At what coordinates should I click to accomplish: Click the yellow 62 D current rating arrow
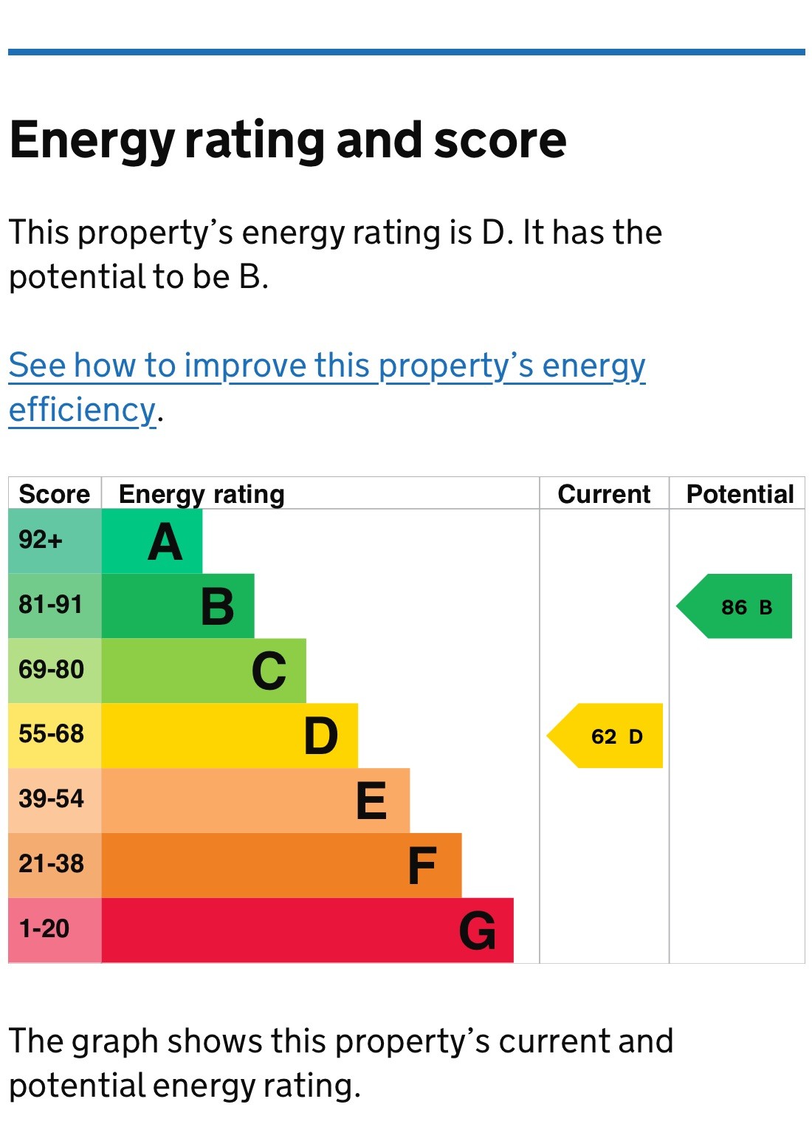click(606, 736)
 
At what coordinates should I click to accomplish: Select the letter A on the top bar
click(165, 542)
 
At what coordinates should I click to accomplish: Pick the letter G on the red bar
click(477, 931)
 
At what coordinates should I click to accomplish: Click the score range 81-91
click(50, 605)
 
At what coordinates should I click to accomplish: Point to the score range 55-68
click(51, 734)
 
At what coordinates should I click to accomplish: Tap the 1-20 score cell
click(44, 928)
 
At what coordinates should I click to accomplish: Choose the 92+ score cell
click(41, 540)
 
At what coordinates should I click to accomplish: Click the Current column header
click(604, 493)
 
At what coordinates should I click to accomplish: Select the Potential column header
click(740, 493)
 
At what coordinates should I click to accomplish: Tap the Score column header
click(54, 493)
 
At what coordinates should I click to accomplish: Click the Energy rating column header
click(202, 493)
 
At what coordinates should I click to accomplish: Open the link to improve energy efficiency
click(327, 366)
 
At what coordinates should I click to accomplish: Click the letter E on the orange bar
click(371, 801)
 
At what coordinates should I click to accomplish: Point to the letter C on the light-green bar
click(269, 671)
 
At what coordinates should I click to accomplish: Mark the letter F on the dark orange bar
click(422, 866)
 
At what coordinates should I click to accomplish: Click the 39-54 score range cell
click(51, 799)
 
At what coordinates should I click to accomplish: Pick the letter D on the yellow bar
click(321, 736)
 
